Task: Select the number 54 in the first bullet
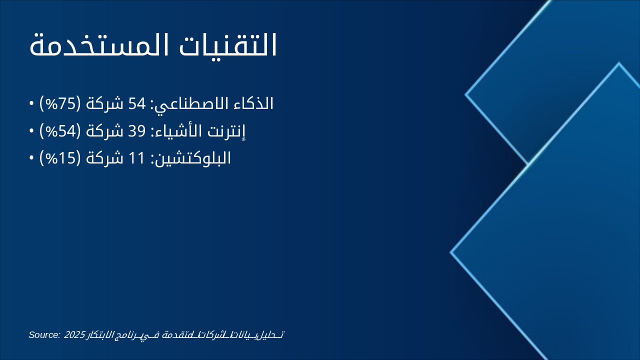(136, 104)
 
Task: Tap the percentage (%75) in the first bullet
(59, 104)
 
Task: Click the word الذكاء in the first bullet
(255, 104)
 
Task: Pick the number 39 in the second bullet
(136, 131)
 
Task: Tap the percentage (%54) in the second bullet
(59, 131)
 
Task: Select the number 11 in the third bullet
(136, 158)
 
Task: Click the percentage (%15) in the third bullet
(59, 158)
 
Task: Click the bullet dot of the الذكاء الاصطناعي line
(31, 104)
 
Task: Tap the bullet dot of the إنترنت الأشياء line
(31, 131)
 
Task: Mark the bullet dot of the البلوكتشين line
(31, 158)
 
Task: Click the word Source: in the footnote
(44, 334)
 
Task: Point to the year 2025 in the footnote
(74, 334)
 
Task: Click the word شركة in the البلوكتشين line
(104, 158)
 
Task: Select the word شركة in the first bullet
(104, 104)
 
